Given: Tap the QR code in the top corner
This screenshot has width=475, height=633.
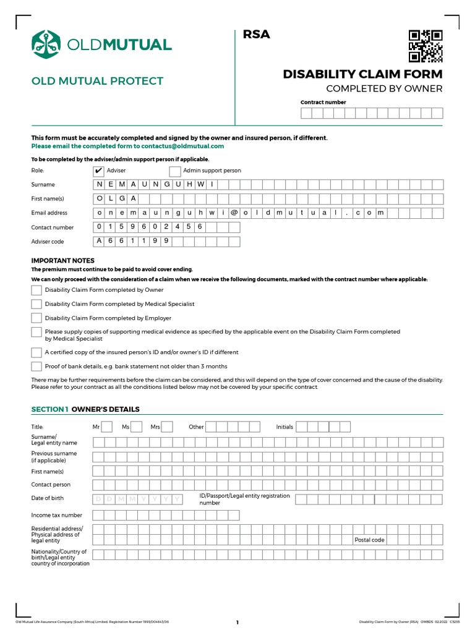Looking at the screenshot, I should (425, 46).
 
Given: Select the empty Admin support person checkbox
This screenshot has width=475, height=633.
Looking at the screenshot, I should (175, 171).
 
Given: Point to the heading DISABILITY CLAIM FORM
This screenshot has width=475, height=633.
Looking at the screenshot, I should (362, 74).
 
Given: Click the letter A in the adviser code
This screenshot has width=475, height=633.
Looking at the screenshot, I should (99, 241).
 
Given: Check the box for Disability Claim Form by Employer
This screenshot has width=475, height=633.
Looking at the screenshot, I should (36, 318).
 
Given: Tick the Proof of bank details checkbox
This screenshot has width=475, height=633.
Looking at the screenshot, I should (36, 367).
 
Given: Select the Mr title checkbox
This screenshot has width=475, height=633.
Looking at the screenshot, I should (106, 427).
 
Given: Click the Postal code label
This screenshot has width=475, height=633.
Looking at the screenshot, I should (369, 540).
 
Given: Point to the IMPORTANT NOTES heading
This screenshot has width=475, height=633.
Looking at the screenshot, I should (63, 261).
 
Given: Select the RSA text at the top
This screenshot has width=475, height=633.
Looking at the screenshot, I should (257, 35).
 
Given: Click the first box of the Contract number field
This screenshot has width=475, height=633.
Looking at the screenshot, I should (306, 113).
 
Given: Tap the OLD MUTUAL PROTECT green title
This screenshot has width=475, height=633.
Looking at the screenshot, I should (97, 81).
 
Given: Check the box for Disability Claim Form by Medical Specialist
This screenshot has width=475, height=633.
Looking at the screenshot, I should (36, 304).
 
